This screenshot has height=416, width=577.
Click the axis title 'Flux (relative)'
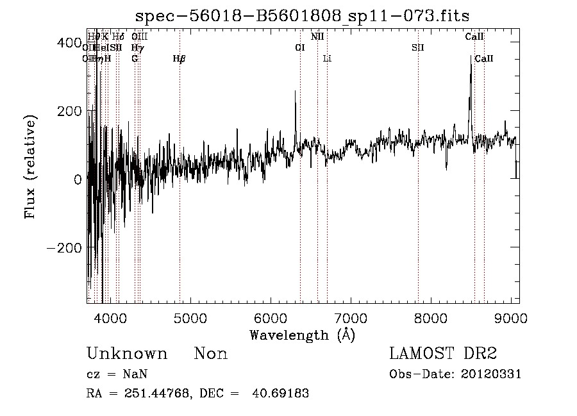coord(31,167)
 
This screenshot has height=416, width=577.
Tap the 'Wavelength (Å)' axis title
coord(302,335)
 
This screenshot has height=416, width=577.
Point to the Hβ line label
coord(180,59)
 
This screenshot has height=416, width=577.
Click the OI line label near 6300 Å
coord(299,47)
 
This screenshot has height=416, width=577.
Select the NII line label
coord(317,37)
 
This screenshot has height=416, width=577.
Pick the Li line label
coord(327,59)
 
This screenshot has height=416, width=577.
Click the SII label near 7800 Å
coord(418,47)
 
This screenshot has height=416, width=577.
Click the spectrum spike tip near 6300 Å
coord(295,91)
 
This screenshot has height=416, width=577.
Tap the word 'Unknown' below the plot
coord(126,354)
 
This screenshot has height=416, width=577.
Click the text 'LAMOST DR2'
coord(443,354)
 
